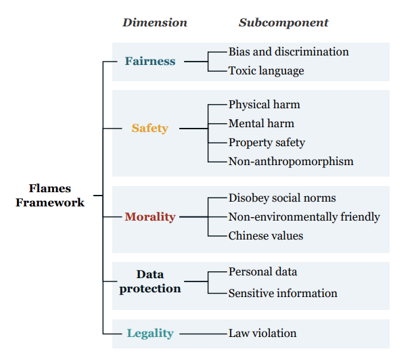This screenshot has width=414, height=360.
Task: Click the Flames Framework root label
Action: tap(50, 195)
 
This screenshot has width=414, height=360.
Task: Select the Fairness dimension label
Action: tap(149, 61)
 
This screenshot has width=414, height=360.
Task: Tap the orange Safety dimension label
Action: tap(149, 128)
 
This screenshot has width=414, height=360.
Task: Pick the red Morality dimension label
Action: tap(149, 217)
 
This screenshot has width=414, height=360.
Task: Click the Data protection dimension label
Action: tap(150, 281)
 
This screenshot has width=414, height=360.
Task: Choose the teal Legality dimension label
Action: tap(150, 333)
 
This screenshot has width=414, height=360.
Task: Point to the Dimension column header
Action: tap(155, 22)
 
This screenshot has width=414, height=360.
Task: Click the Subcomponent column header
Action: tap(283, 22)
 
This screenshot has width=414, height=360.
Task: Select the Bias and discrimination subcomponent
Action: tap(288, 51)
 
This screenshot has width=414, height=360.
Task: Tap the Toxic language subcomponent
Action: tap(266, 70)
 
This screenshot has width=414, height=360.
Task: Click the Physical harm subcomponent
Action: tap(264, 105)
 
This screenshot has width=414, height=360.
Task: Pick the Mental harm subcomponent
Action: tap(261, 123)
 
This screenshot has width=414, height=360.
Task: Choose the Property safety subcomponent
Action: tap(267, 142)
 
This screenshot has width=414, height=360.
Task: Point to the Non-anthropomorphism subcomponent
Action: tap(291, 161)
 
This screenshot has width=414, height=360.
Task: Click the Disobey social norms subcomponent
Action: tap(282, 198)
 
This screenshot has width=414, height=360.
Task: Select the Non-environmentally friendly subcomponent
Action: tap(304, 217)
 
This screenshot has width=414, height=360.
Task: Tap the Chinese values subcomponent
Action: tap(265, 235)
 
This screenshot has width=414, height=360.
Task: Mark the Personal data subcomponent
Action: tap(262, 271)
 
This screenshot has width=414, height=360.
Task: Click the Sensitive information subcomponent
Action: tap(283, 293)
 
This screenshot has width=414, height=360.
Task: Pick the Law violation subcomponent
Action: tap(262, 333)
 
